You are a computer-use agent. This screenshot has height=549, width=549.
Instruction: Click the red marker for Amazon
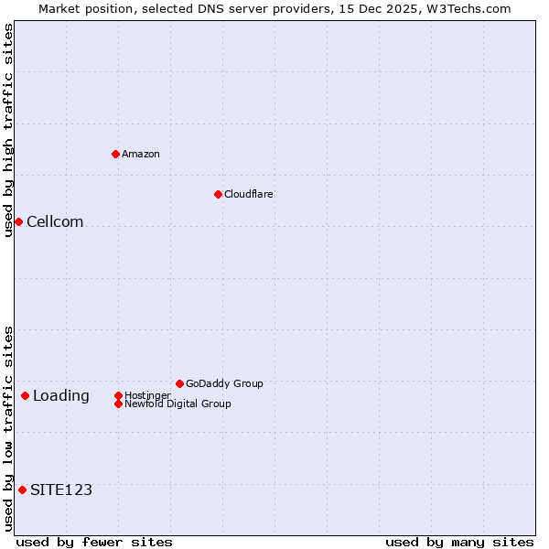click(x=115, y=154)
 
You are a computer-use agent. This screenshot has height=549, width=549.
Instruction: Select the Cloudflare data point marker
click(x=218, y=194)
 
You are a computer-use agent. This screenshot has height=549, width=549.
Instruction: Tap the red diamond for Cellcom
click(x=18, y=221)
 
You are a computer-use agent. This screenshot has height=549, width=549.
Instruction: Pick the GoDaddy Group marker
click(x=179, y=383)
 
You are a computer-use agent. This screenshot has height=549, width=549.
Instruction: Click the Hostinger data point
click(x=118, y=395)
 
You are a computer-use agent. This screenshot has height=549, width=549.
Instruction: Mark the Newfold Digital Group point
click(x=118, y=404)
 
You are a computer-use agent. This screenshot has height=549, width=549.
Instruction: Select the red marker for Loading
click(x=25, y=395)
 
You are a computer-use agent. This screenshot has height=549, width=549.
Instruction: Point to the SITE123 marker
click(x=22, y=490)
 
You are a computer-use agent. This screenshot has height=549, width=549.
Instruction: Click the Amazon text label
click(x=141, y=154)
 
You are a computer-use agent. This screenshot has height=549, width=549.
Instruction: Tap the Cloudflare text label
click(x=249, y=194)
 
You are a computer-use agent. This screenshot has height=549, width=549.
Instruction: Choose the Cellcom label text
click(x=55, y=221)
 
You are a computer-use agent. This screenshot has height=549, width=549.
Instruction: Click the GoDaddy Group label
click(x=224, y=383)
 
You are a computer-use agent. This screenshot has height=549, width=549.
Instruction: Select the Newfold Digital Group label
click(x=178, y=404)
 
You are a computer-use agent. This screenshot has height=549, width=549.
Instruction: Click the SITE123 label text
click(x=61, y=490)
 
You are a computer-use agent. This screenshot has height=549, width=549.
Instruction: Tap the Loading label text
click(x=61, y=395)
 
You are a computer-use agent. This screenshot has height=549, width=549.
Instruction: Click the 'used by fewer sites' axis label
click(x=94, y=542)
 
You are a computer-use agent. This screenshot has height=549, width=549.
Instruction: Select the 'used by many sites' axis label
click(x=459, y=542)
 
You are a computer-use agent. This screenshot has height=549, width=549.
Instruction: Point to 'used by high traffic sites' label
click(x=8, y=130)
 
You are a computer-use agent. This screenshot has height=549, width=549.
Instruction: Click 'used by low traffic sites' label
click(x=8, y=428)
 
